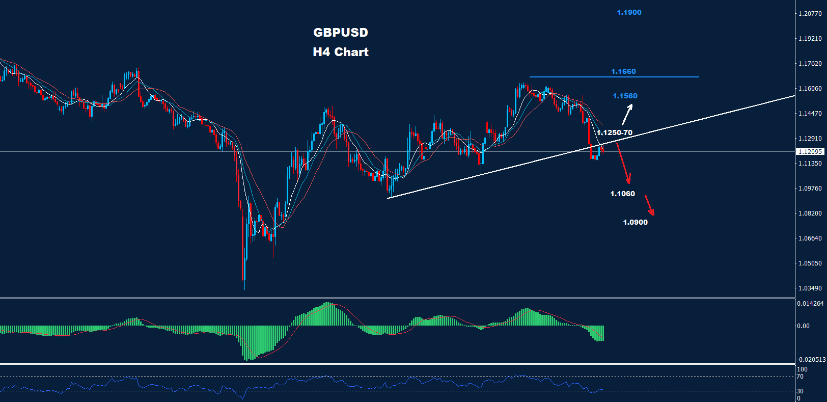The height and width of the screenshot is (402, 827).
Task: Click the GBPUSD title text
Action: pyautogui.click(x=340, y=33)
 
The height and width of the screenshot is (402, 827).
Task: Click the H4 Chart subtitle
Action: pyautogui.click(x=340, y=52)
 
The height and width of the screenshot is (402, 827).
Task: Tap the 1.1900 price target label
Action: pyautogui.click(x=629, y=12)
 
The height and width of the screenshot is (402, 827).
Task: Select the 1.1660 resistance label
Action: pyautogui.click(x=623, y=71)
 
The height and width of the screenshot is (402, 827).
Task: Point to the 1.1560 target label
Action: pyautogui.click(x=625, y=96)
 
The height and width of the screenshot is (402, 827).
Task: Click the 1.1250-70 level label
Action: pyautogui.click(x=615, y=132)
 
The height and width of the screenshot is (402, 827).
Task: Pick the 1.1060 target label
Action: pyautogui.click(x=622, y=194)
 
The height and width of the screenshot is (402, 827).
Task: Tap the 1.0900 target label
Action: pyautogui.click(x=635, y=222)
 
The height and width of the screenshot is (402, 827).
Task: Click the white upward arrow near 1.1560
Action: pyautogui.click(x=627, y=114)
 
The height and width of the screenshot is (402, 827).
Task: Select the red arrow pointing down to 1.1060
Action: pyautogui.click(x=624, y=163)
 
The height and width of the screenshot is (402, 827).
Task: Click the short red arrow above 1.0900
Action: pyautogui.click(x=649, y=205)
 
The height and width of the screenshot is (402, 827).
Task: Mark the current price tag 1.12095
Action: pyautogui.click(x=810, y=151)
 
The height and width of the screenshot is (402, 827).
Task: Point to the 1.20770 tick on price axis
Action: pyautogui.click(x=810, y=14)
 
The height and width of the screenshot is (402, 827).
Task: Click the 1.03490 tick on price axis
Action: pyautogui.click(x=810, y=288)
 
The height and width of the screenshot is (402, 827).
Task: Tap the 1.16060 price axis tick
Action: pyautogui.click(x=810, y=89)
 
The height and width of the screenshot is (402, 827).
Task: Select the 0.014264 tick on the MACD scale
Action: pyautogui.click(x=810, y=304)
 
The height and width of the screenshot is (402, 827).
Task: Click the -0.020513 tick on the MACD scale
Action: pyautogui.click(x=811, y=359)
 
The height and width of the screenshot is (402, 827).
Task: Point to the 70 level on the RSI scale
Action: pyautogui.click(x=800, y=377)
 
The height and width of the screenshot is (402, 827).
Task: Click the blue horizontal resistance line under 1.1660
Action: pyautogui.click(x=614, y=77)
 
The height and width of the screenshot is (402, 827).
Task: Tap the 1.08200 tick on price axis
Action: pyautogui.click(x=810, y=213)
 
